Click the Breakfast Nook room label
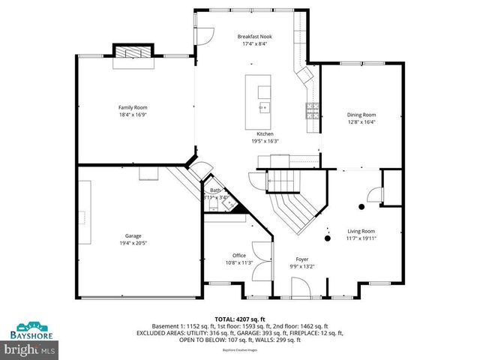(x=254, y=36)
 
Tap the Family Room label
(x=131, y=108)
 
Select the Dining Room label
(x=361, y=115)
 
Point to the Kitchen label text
(x=265, y=133)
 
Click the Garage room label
(x=133, y=235)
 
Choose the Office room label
(x=238, y=256)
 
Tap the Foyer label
(x=301, y=258)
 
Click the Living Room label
(x=361, y=231)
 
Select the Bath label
(x=214, y=191)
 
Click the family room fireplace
(x=133, y=53)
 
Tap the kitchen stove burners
(x=310, y=112)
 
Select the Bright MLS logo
(x=30, y=349)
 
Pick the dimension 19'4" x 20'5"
(x=133, y=243)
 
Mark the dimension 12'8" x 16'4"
(x=361, y=122)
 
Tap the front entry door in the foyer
(x=299, y=288)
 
